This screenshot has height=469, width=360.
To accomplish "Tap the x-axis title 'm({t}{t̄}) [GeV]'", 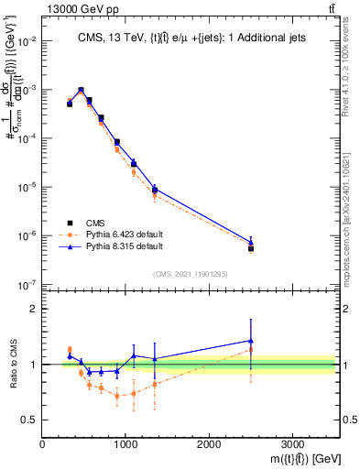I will (x=293, y=456).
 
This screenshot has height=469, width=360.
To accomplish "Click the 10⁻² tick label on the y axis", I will (x=27, y=41).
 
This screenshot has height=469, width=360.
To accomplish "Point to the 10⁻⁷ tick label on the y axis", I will (x=27, y=284).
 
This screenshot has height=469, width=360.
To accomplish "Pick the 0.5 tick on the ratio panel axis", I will (x=31, y=420).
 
